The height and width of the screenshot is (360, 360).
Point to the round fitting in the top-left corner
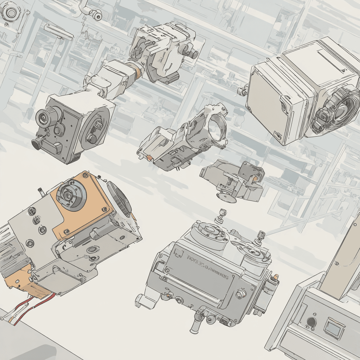coord(11,12)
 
